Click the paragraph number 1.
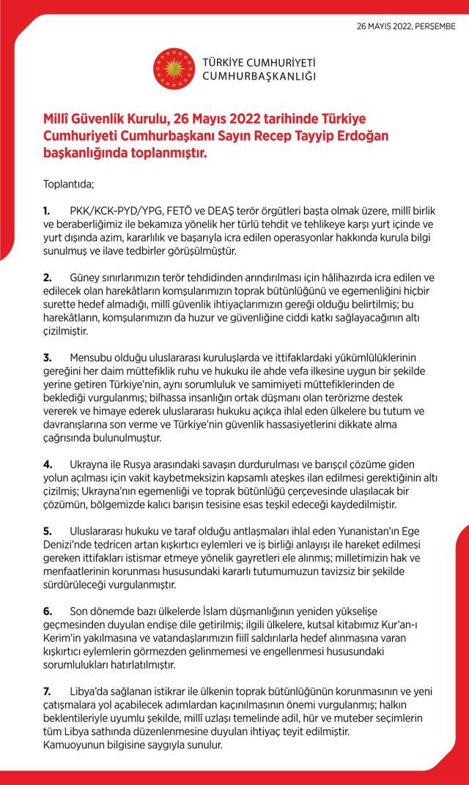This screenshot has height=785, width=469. pos(45,210)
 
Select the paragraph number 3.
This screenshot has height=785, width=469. pos(46,357)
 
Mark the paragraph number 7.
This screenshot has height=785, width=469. pos(46,691)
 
